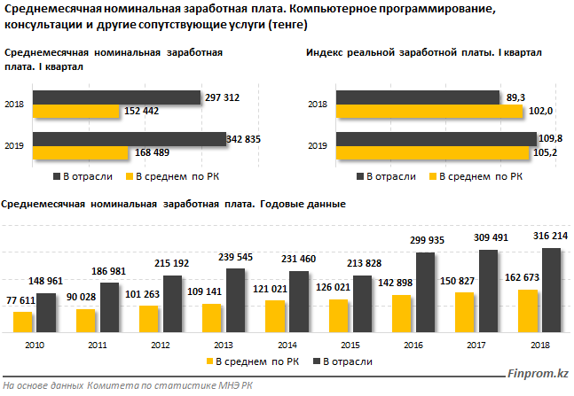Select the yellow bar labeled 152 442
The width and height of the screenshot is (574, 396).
[x=75, y=111]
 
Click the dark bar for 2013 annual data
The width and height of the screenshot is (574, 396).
[x=236, y=299]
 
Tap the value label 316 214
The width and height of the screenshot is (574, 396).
[x=549, y=238]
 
